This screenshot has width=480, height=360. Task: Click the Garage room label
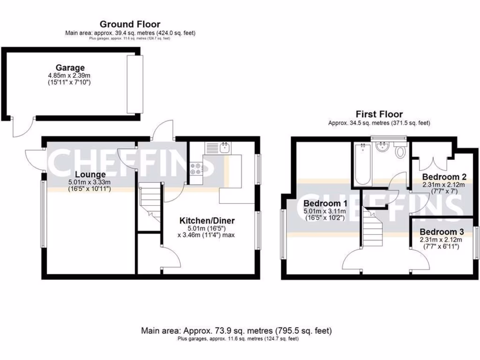pyautogui.click(x=70, y=68)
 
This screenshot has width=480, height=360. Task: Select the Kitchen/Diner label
pyautogui.click(x=208, y=221)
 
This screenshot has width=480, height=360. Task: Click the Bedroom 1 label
pyautogui.click(x=325, y=204)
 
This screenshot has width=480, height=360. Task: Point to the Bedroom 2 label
pyautogui.click(x=443, y=177)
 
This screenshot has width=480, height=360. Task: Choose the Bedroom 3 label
pyautogui.click(x=442, y=232)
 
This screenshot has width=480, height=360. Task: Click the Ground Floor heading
pyautogui.click(x=130, y=24)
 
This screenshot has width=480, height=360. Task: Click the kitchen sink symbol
pyautogui.click(x=225, y=148)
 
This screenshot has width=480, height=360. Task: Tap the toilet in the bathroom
pyautogui.click(x=401, y=151)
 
